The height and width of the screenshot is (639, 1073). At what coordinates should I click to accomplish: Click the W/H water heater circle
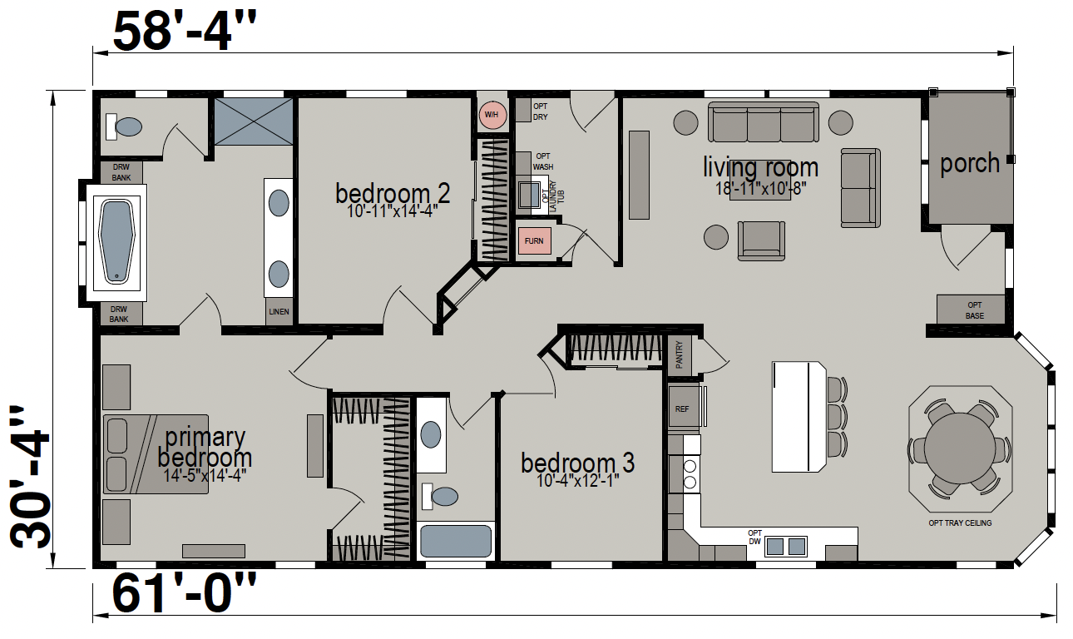tap(492, 115)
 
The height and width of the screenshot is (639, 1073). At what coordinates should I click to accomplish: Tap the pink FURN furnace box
tap(534, 241)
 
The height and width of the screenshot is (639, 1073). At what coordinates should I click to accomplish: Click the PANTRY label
tap(680, 355)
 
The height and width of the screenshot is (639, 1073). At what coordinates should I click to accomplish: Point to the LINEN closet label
tap(279, 312)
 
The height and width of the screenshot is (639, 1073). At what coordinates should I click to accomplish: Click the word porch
tap(970, 163)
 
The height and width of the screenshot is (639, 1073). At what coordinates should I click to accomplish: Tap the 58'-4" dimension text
tap(185, 32)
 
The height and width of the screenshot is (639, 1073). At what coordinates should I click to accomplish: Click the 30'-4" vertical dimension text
tap(30, 477)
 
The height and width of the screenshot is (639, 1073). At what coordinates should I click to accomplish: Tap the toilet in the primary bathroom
tap(124, 127)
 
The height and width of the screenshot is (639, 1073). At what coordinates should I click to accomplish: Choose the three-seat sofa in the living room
tap(764, 121)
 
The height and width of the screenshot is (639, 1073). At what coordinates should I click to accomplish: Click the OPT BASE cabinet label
tap(974, 310)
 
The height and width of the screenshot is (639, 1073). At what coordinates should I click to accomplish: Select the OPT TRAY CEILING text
tap(960, 523)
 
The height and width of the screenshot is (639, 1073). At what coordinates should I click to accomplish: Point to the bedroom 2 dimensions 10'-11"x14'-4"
tap(393, 211)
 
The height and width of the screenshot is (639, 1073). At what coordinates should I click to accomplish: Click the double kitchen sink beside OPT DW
tap(785, 546)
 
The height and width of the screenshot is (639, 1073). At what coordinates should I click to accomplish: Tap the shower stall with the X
tap(254, 121)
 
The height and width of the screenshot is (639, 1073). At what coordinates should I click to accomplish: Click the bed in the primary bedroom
tap(156, 454)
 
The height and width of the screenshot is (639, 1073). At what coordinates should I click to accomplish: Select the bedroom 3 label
tap(578, 463)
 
